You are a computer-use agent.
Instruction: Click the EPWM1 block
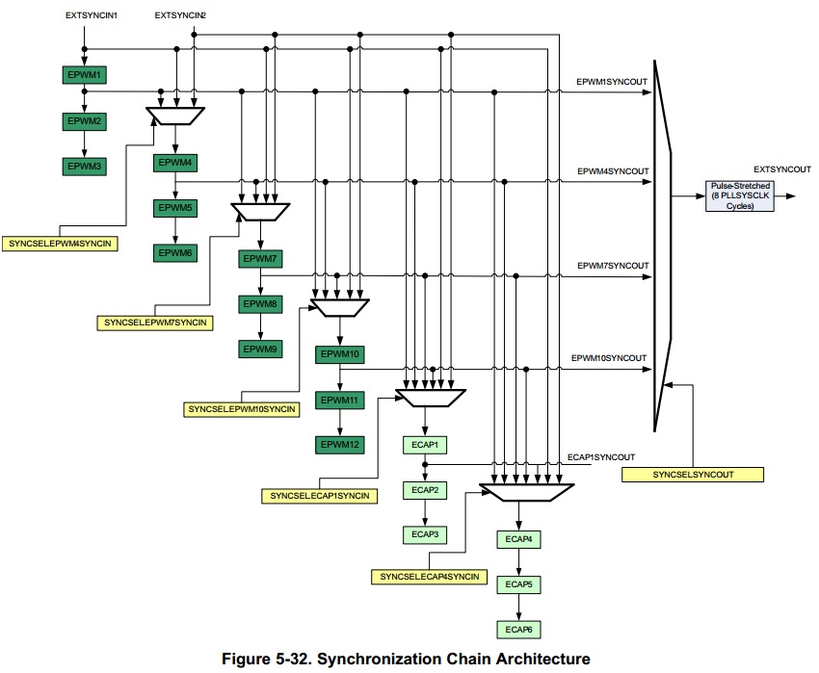point(85,75)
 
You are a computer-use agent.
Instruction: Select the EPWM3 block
point(85,167)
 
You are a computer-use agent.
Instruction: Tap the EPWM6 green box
point(174,253)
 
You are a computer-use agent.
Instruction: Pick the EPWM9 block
point(260,349)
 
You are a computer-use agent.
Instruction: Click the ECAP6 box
point(519,630)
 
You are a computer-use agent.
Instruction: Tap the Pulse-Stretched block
point(740,195)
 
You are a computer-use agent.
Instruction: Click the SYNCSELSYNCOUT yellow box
point(692,475)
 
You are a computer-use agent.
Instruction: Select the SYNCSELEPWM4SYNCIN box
point(60,244)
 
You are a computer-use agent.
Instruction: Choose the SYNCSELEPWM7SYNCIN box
point(153,322)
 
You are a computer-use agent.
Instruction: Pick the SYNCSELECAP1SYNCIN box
point(316,495)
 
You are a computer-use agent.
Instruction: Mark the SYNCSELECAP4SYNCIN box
point(430,576)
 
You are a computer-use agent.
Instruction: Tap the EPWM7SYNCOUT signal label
point(612,265)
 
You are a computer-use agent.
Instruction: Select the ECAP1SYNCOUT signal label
point(601,455)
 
